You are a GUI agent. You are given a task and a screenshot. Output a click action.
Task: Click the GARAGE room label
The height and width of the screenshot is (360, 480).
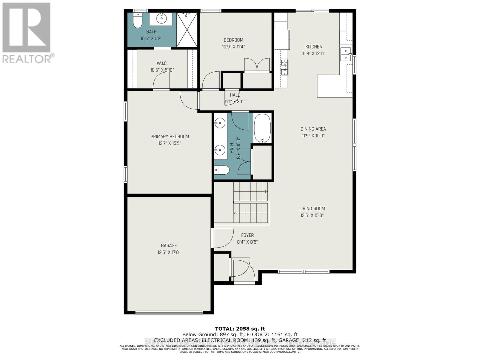point(169,245)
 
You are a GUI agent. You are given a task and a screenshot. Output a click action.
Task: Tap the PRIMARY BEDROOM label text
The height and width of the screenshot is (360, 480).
point(169,136)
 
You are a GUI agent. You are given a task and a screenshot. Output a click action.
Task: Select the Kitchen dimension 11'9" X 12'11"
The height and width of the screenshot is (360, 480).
point(313,53)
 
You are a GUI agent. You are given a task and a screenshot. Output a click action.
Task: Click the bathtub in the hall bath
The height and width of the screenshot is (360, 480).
point(262,128)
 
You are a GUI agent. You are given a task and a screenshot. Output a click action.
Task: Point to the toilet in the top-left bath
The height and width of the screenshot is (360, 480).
point(137,21)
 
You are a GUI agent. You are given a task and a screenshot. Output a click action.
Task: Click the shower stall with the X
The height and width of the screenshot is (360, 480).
point(187,30)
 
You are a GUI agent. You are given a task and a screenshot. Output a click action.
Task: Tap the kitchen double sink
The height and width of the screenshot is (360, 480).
point(346,54)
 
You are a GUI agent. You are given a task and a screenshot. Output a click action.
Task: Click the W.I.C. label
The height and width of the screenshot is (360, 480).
point(162,63)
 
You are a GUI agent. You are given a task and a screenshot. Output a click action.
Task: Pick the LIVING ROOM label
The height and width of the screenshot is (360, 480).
point(312,208)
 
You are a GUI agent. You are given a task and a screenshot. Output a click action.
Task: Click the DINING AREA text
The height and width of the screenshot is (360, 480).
point(313,129)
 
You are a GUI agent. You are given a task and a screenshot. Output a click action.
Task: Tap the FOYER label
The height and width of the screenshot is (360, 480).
point(247,235)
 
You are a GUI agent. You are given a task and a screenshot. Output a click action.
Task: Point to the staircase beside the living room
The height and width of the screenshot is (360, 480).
point(251,204)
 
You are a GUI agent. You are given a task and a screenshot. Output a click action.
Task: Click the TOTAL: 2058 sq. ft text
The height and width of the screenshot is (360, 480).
point(240,329)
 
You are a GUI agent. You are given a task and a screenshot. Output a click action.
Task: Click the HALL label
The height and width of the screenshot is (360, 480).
point(235,95)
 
